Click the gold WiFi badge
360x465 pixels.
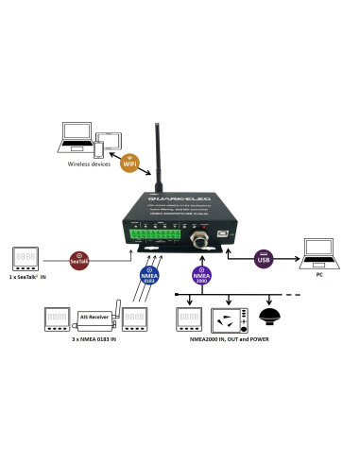(x=128, y=162)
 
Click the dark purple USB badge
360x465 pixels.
(x=263, y=258)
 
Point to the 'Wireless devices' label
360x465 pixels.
(x=90, y=164)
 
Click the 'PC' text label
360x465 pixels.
(x=319, y=275)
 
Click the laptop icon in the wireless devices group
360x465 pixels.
(x=76, y=136)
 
